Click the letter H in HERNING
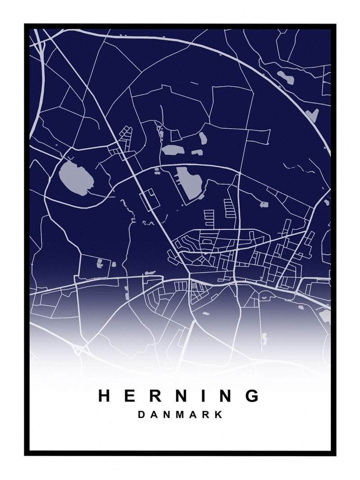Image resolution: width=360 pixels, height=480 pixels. (x=105, y=396)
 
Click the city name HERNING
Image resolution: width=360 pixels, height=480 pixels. (x=179, y=396)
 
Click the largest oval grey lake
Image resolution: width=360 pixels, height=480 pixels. (x=76, y=177)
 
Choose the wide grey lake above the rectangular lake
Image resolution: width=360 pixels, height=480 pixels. (x=171, y=150)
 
